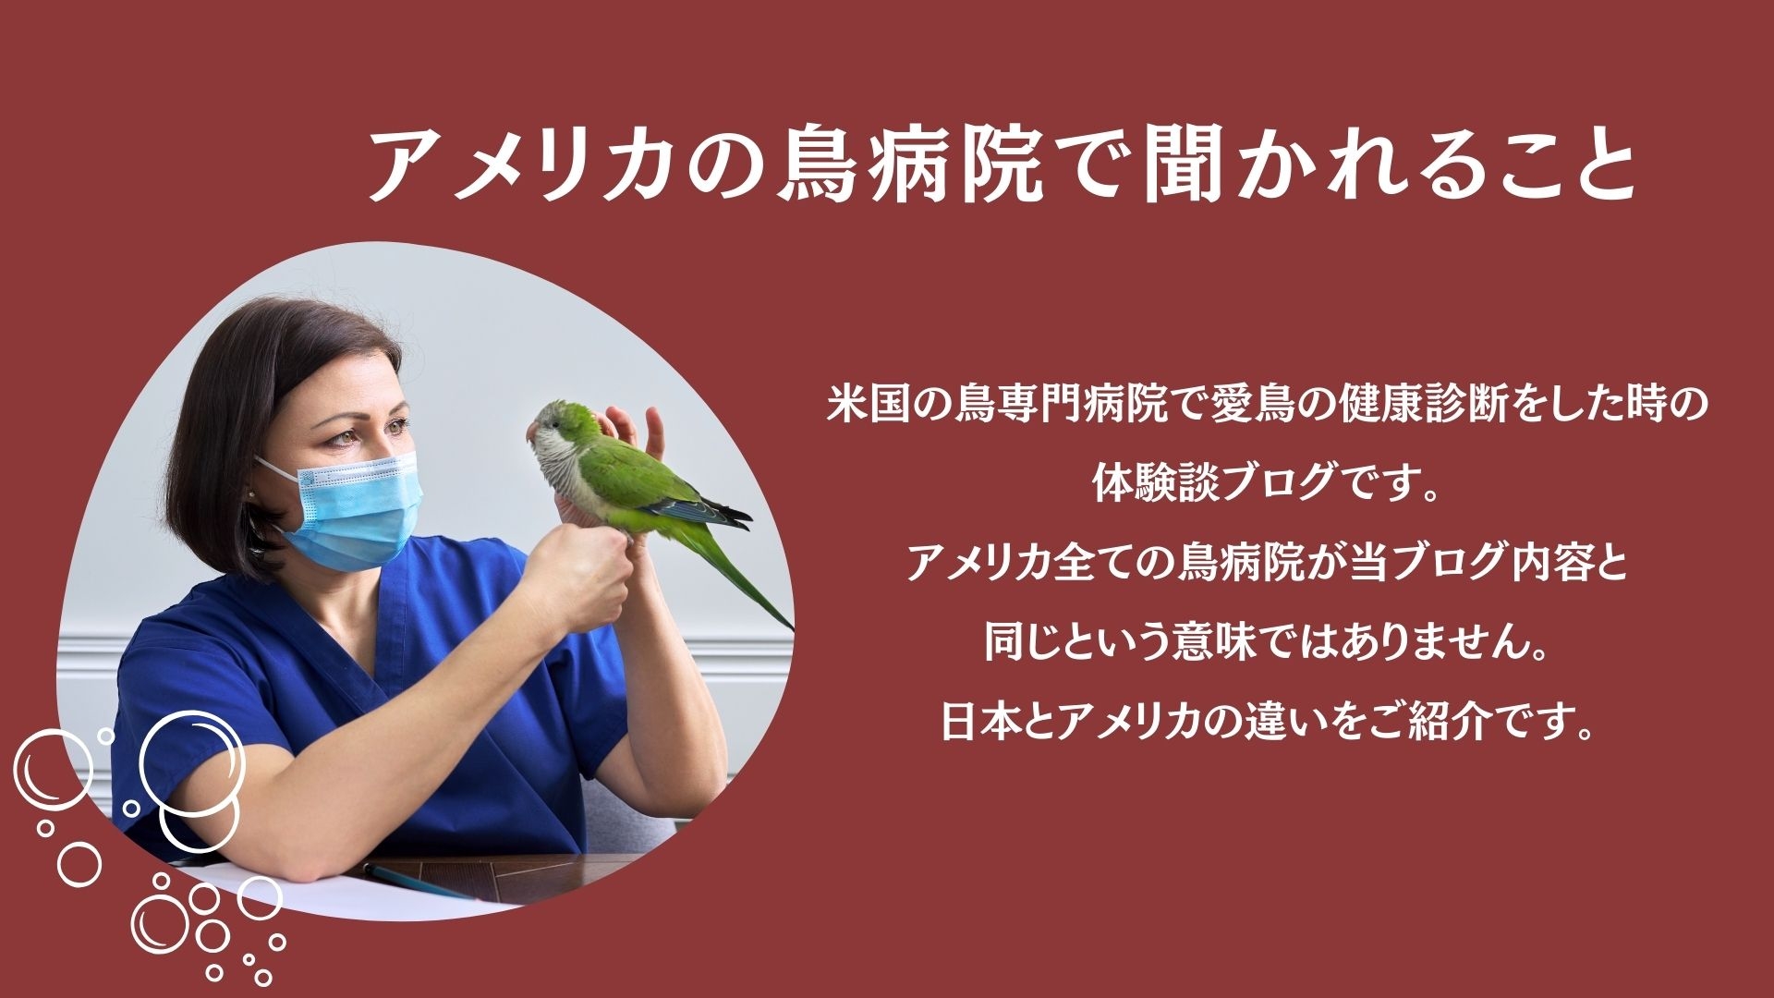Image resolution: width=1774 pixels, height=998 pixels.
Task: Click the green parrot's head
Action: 560,424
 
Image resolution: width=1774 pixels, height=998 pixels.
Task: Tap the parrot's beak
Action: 532,432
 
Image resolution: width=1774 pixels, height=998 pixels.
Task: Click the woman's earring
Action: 251,494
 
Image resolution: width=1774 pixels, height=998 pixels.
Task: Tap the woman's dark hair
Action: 259,370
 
